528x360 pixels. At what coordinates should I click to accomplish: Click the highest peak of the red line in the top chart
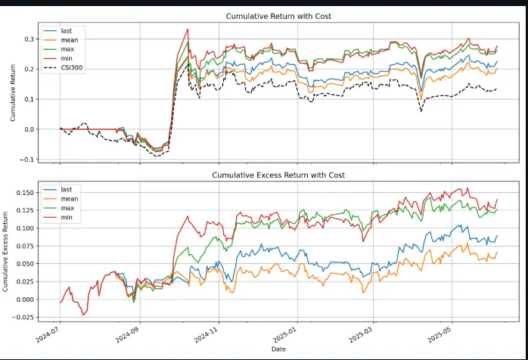pos(188,29)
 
